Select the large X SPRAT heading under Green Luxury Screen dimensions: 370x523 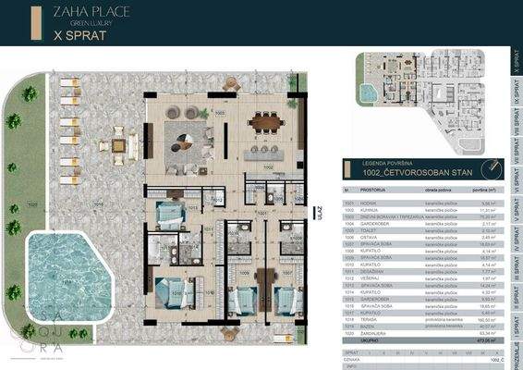tap(79, 38)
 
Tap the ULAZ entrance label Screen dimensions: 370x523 tap(319, 211)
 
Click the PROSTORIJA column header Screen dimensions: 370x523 tap(373, 191)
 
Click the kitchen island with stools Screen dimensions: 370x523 tap(267, 149)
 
